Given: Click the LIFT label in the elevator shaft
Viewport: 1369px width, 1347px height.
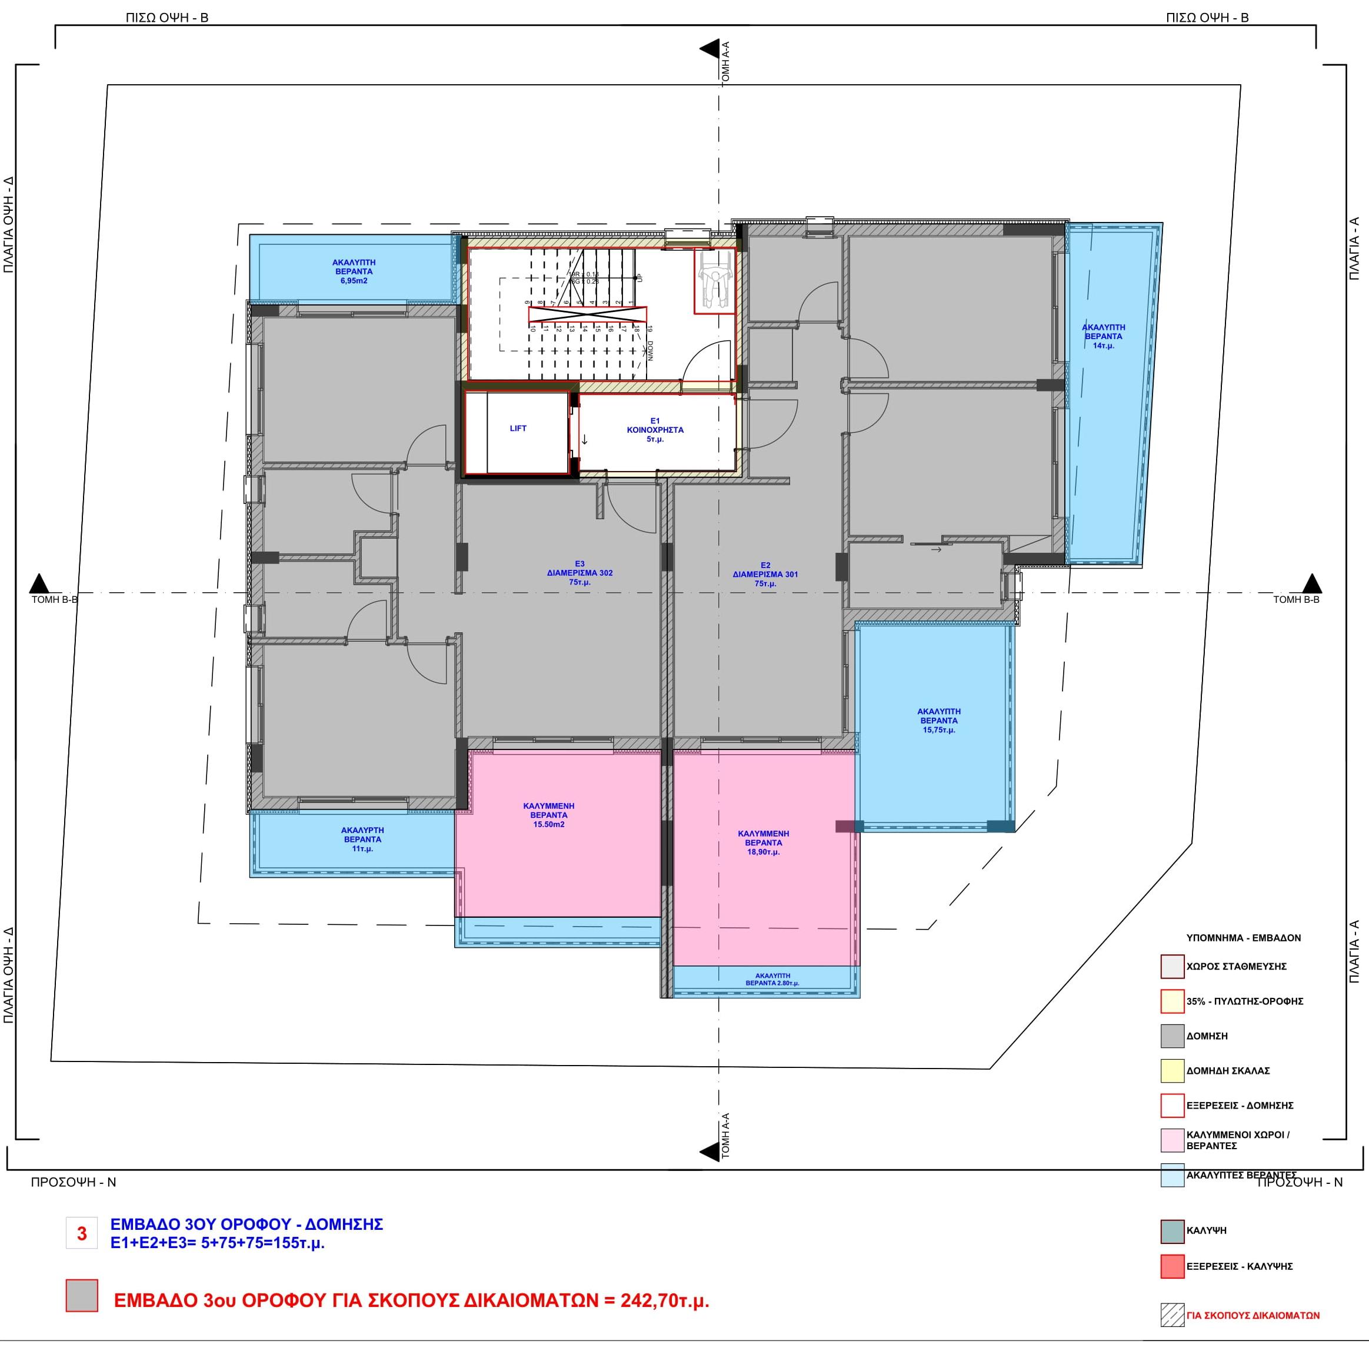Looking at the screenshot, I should (x=518, y=428).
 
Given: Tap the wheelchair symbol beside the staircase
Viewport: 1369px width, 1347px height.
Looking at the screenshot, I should (x=714, y=280).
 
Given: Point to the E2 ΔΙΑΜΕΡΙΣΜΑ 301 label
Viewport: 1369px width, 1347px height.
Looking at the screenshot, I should (x=765, y=575).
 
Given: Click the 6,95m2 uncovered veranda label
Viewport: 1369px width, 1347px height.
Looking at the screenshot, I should (x=354, y=271).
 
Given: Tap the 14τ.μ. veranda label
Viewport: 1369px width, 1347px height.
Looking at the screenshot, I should (x=1103, y=336).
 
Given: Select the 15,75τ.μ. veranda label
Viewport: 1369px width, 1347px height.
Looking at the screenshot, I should (x=938, y=720).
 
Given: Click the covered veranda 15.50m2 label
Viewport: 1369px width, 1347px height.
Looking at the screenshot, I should (x=549, y=815).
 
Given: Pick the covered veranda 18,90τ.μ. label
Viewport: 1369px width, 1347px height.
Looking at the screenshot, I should (x=763, y=842).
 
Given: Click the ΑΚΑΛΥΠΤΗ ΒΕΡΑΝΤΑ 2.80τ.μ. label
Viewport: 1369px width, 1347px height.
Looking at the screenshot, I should (x=772, y=979).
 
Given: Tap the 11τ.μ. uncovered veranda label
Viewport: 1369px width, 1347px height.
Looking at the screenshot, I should (x=362, y=839).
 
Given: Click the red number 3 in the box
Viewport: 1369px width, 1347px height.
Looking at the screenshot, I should (x=82, y=1233).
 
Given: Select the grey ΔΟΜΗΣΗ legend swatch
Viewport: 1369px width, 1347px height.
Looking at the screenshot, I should (x=1172, y=1036).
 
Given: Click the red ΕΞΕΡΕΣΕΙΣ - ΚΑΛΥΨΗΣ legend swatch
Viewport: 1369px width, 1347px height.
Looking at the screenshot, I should (x=1172, y=1266).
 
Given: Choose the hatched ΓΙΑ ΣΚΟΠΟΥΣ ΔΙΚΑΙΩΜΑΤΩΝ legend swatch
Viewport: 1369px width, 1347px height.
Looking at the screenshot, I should (x=1172, y=1315).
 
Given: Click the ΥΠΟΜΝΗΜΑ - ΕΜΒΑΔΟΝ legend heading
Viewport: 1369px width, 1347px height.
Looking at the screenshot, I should (x=1243, y=937).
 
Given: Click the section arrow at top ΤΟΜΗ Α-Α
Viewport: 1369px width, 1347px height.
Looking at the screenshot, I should (x=710, y=49).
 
